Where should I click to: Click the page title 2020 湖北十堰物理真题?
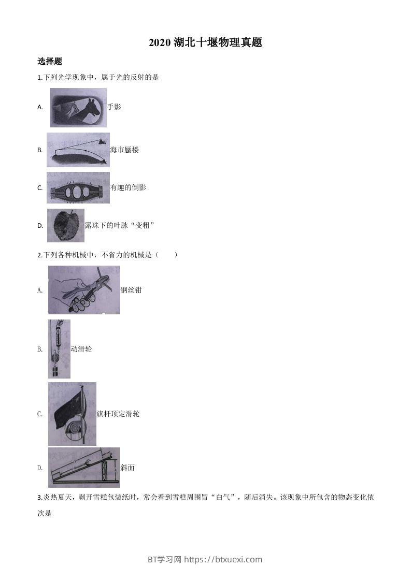point(205,43)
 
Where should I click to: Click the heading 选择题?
point(50,62)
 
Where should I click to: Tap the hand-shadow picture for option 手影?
point(78,108)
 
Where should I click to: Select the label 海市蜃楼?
point(124,150)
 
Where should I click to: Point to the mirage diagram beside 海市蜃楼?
point(78,150)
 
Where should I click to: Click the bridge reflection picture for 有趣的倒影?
point(78,187)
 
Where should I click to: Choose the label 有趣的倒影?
point(128,187)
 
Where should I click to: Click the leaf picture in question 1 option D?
point(65,225)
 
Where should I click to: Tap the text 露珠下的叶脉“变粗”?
point(120,225)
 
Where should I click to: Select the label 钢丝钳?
point(131,290)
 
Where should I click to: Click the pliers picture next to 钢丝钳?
point(84,290)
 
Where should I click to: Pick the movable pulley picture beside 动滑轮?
point(59,349)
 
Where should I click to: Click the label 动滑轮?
point(81,349)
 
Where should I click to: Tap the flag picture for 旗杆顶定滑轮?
point(72,414)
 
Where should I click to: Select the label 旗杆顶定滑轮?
point(118,414)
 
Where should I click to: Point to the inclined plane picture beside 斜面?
point(84,468)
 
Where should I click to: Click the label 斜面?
point(127,468)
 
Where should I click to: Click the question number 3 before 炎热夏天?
point(39,498)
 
